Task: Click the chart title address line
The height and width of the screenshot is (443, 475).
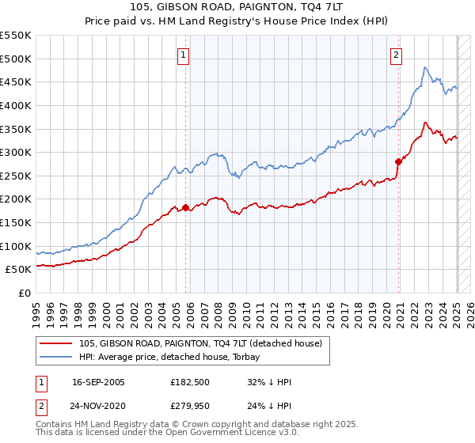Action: (x=237, y=7)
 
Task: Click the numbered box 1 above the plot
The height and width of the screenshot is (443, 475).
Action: (x=183, y=55)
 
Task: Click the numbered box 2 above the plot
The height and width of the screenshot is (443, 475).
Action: (x=395, y=55)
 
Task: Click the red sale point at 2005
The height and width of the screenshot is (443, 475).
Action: (x=186, y=208)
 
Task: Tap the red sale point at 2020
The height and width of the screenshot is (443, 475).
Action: (x=398, y=161)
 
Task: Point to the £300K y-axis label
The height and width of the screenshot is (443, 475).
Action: (x=16, y=152)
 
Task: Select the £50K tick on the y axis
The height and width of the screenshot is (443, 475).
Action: (x=19, y=270)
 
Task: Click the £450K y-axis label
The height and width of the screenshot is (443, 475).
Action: (x=16, y=81)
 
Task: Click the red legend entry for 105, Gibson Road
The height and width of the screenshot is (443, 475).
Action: (x=200, y=343)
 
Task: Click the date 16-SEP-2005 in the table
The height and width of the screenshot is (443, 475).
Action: (x=98, y=382)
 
